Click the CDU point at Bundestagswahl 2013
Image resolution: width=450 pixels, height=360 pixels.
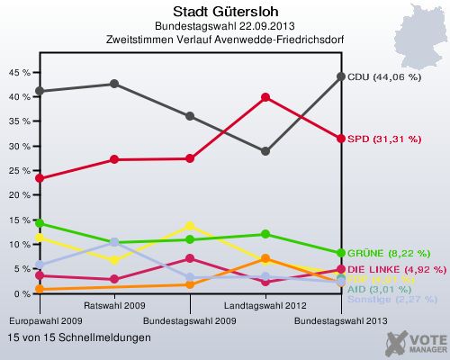[x=341, y=76]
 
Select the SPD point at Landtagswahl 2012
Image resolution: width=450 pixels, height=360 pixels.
[x=265, y=97]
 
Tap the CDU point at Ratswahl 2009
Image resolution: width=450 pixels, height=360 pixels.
[x=114, y=84]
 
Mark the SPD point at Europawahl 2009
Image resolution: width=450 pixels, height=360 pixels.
[x=39, y=178]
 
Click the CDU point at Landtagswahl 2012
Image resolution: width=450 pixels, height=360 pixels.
[x=265, y=151]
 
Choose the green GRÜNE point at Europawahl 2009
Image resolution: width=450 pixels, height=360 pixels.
[x=39, y=223]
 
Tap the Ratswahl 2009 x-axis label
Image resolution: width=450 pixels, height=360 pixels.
[x=114, y=306]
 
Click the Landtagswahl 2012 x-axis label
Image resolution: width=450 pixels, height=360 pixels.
[x=265, y=306]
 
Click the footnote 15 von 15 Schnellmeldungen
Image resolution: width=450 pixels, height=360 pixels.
[x=78, y=337]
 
